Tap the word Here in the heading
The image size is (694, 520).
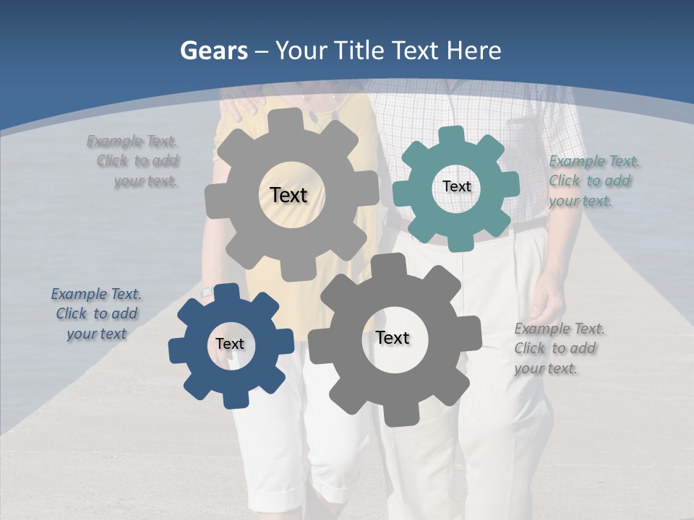pos(474,51)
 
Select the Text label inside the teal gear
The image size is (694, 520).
pos(456,186)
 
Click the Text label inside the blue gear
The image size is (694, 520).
pos(229,344)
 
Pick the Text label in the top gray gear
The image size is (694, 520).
pos(288,195)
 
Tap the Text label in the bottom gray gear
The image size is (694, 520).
pos(393,337)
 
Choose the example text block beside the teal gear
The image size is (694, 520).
pos(593,181)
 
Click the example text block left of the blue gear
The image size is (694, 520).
pos(96,313)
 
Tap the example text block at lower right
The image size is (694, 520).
pos(558,348)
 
